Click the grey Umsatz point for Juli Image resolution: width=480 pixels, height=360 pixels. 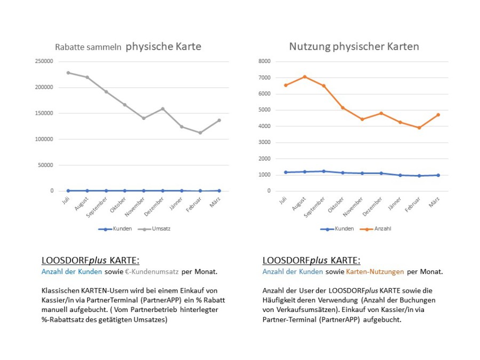[x=68, y=73]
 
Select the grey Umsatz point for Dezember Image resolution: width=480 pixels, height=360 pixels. [x=163, y=109]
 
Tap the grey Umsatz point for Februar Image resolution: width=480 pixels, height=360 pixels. [x=201, y=133]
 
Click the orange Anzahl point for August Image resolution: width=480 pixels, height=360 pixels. [x=305, y=77]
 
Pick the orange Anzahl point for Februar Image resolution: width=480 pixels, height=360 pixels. [x=419, y=128]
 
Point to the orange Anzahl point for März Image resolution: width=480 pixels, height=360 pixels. [x=438, y=115]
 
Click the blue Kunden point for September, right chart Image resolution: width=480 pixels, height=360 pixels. [x=324, y=171]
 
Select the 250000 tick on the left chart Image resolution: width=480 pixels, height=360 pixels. [x=44, y=61]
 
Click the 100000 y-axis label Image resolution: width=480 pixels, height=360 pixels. [x=44, y=139]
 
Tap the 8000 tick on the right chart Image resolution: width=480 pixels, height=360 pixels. [x=265, y=61]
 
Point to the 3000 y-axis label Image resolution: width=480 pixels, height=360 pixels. [x=265, y=142]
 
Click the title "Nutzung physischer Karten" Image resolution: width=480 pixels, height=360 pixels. [x=354, y=46]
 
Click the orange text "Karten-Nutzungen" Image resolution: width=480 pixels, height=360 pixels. [x=375, y=271]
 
